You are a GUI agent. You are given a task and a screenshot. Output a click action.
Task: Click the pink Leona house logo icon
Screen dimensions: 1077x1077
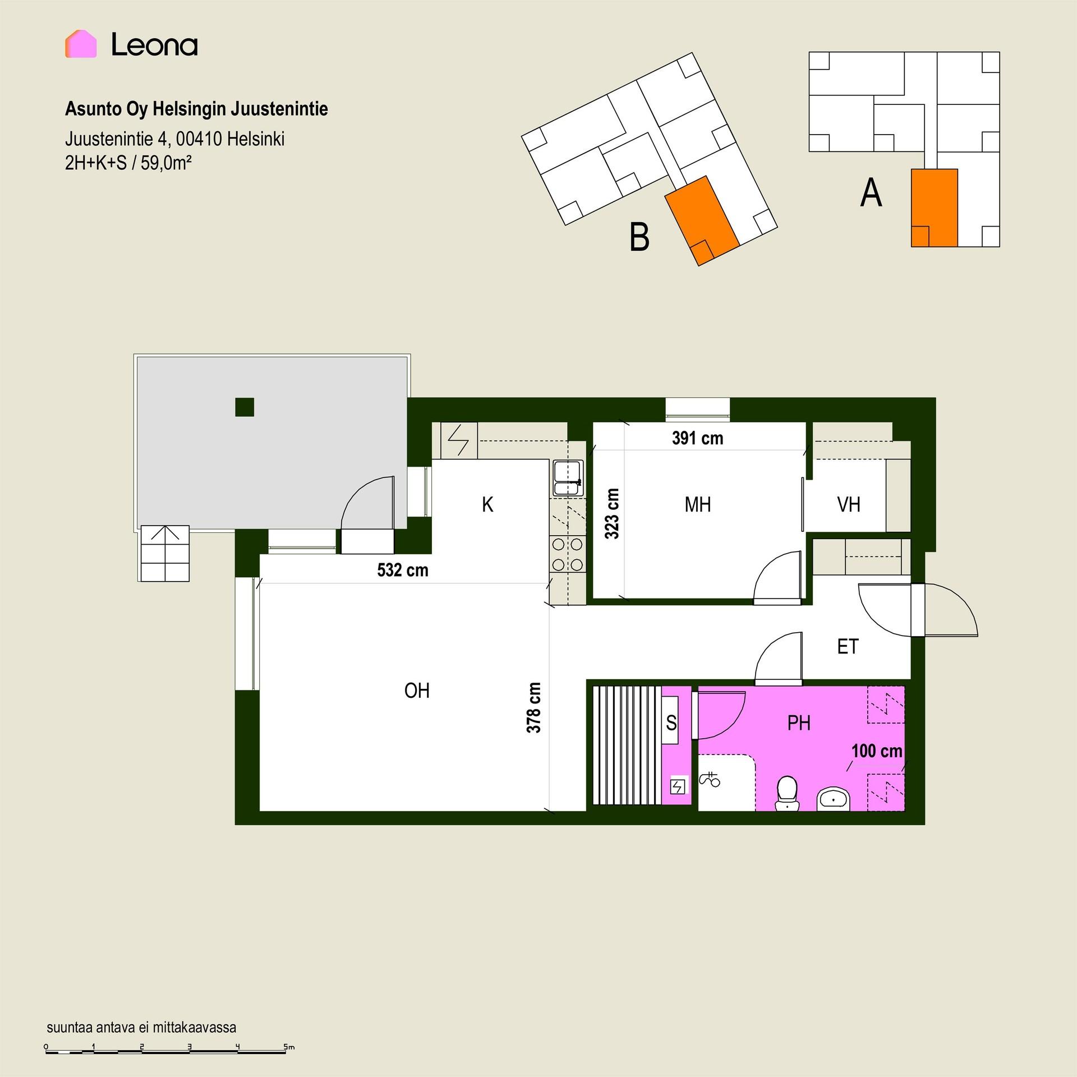tap(81, 44)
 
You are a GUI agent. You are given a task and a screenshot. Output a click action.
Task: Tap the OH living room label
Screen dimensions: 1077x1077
tap(417, 691)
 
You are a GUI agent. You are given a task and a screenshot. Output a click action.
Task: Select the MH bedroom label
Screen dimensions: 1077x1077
tap(698, 505)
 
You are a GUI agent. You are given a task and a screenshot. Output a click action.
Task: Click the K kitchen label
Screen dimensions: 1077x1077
tap(487, 505)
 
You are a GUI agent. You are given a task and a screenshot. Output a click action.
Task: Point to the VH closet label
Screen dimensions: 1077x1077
tap(849, 505)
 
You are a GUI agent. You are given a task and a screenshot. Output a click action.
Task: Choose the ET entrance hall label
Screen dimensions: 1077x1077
tap(848, 647)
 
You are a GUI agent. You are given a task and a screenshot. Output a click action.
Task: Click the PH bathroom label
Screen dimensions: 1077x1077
tap(799, 723)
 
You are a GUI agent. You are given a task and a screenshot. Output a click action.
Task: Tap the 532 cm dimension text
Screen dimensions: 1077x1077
tap(403, 570)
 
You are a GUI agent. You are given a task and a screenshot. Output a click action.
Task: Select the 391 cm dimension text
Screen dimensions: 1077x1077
tap(698, 438)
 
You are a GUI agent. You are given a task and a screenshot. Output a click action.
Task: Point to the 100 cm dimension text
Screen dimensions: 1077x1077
tap(877, 751)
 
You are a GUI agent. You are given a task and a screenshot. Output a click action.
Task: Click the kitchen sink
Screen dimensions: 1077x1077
tap(568, 478)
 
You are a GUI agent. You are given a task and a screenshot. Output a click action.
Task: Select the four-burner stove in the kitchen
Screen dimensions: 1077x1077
tap(568, 554)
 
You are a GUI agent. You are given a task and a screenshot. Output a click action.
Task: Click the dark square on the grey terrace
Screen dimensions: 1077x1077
tap(245, 407)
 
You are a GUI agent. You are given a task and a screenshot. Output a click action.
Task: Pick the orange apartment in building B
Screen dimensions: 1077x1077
tap(702, 220)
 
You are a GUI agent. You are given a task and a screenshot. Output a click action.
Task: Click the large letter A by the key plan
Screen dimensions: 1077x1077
tap(871, 193)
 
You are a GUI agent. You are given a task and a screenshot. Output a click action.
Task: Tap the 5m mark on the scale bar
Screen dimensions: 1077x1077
tap(288, 1047)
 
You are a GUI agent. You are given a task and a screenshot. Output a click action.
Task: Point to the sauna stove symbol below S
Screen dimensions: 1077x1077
tap(678, 787)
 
